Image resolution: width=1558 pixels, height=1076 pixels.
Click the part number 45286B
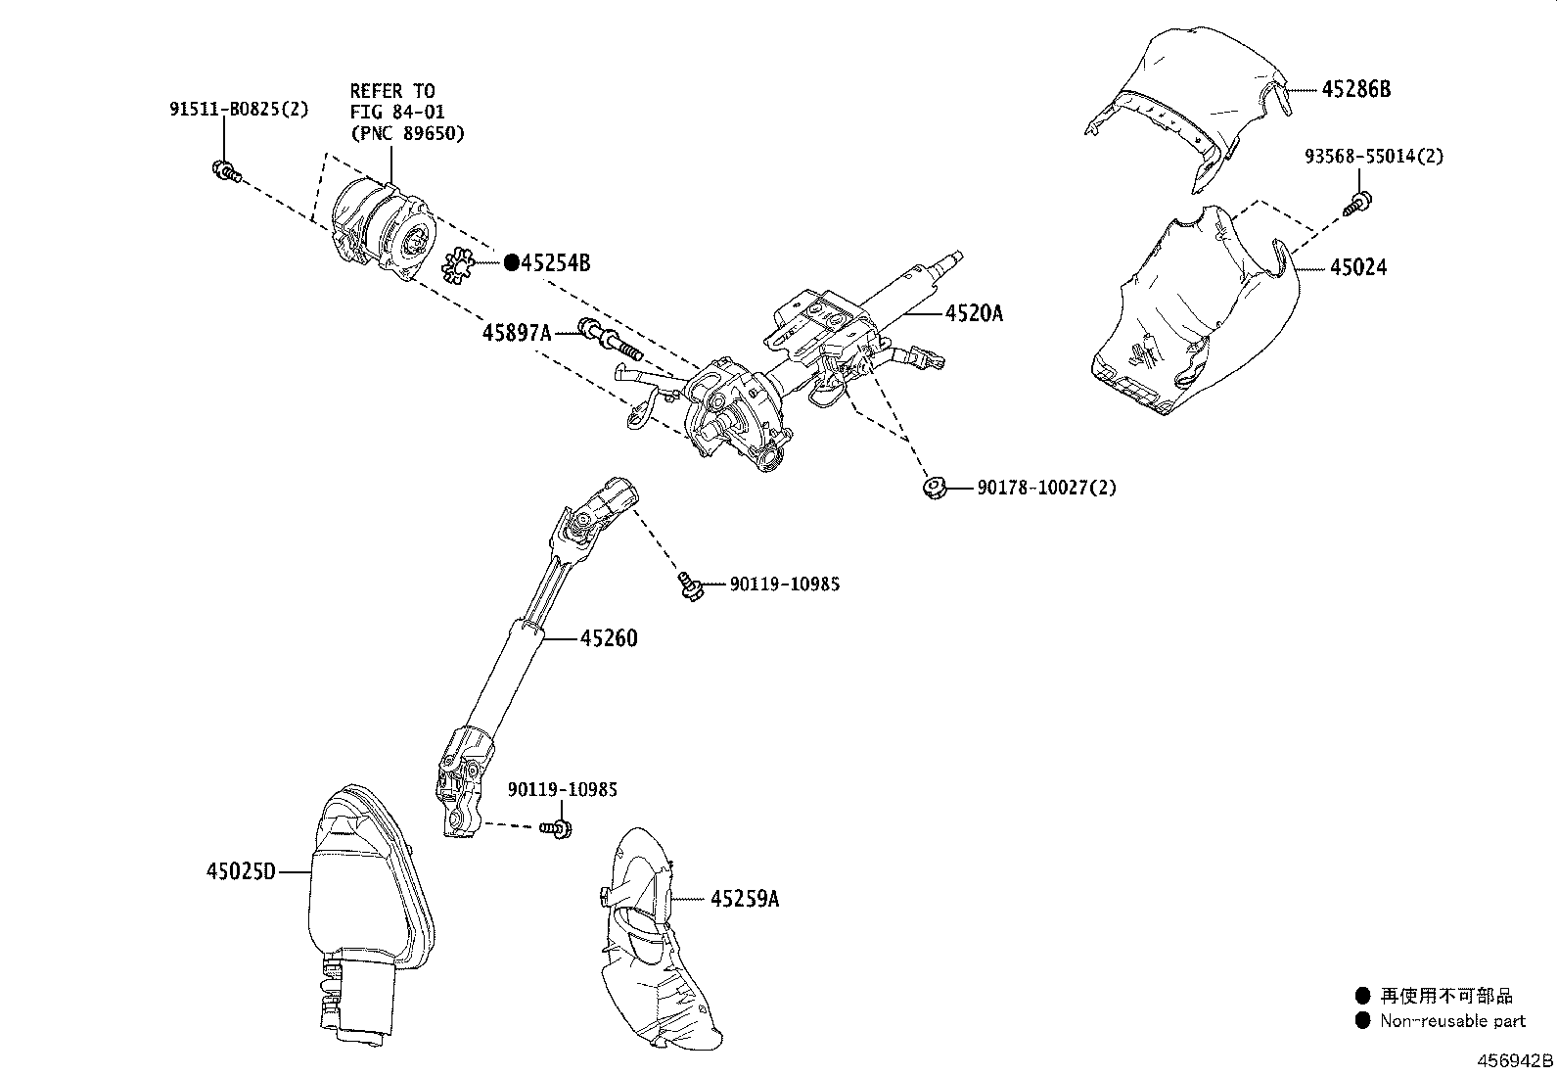[1355, 89]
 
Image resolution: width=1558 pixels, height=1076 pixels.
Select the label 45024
[1357, 266]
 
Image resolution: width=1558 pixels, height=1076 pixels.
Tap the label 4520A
[974, 313]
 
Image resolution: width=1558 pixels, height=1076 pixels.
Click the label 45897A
[516, 333]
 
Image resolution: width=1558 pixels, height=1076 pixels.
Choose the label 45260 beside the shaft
[608, 638]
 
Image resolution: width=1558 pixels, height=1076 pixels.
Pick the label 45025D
[241, 870]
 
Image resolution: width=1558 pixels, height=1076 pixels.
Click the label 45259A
[744, 898]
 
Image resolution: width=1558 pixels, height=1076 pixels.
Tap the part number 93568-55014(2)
[1373, 156]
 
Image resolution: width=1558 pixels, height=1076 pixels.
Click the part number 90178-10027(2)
[1046, 487]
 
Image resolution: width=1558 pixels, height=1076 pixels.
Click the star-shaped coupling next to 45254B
[458, 266]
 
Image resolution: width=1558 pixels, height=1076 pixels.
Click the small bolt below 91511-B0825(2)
[225, 172]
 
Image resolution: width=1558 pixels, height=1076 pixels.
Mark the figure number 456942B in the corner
[1513, 1061]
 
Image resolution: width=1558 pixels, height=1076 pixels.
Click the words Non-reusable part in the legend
[1452, 1020]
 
